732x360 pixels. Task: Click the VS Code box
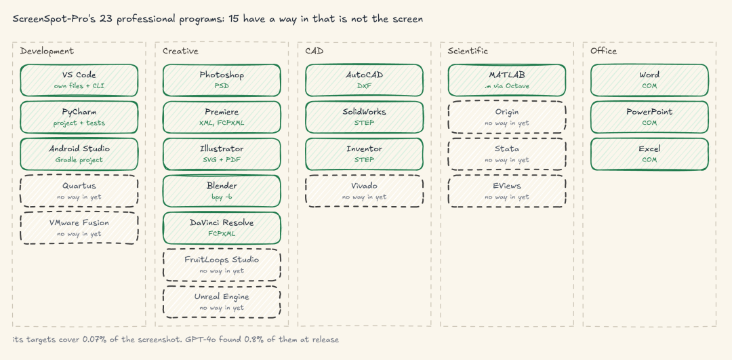pyautogui.click(x=79, y=80)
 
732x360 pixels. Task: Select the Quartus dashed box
pyautogui.click(x=79, y=191)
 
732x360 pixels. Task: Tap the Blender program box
pyautogui.click(x=222, y=191)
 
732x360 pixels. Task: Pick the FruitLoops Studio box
pyautogui.click(x=222, y=265)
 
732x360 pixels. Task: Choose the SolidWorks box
pyautogui.click(x=364, y=117)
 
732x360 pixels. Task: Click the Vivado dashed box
pyautogui.click(x=364, y=191)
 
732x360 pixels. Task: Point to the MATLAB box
pyautogui.click(x=507, y=80)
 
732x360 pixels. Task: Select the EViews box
pyautogui.click(x=507, y=191)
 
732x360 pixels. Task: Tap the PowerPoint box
pyautogui.click(x=649, y=117)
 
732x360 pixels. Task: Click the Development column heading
pyautogui.click(x=47, y=51)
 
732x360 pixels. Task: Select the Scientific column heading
pyautogui.click(x=468, y=51)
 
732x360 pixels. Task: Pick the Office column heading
pyautogui.click(x=603, y=51)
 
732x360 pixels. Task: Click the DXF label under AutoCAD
pyautogui.click(x=364, y=86)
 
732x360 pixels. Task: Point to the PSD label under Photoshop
pyautogui.click(x=222, y=86)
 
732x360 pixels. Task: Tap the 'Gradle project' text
pyautogui.click(x=79, y=160)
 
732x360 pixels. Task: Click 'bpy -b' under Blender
pyautogui.click(x=222, y=197)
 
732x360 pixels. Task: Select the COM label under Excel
pyautogui.click(x=649, y=160)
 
